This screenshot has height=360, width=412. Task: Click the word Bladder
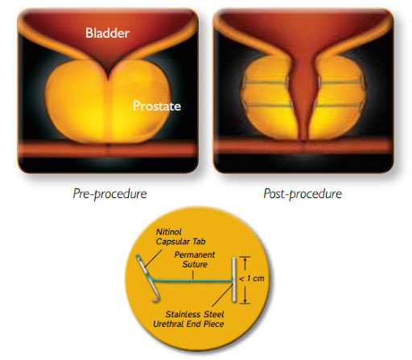pos(107,33)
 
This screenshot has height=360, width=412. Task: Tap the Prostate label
pos(157,106)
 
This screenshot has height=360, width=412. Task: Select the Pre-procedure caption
pos(109,194)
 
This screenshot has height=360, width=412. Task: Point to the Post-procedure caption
pos(303,194)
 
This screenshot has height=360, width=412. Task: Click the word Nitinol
pos(169,232)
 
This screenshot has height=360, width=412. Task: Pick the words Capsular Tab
pos(181,242)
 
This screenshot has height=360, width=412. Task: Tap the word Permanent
pos(195,254)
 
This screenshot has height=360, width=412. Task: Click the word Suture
pos(195,264)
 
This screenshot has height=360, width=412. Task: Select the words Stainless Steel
pos(195,314)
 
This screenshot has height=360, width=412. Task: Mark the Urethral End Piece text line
pos(188,324)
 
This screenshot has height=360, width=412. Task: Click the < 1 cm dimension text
pos(252,279)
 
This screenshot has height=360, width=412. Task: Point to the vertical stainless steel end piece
pos(234,279)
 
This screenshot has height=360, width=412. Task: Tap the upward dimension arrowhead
pos(245,260)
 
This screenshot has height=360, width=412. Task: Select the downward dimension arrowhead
pos(245,300)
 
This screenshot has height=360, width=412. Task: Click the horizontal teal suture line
pos(192,281)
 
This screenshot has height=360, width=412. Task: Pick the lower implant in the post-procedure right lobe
pos(340,105)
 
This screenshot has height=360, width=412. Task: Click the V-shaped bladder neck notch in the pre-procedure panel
pos(108,72)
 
